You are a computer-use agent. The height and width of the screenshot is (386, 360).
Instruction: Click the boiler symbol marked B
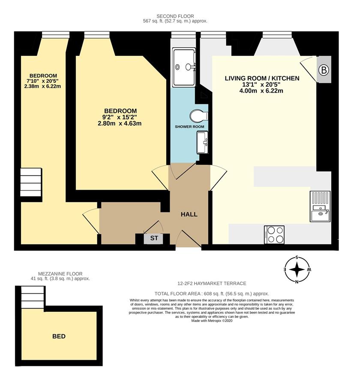[x=324, y=70]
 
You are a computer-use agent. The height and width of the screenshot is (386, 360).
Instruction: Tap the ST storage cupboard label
[x=154, y=238]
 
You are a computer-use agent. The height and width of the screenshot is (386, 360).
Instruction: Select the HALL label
[x=189, y=214]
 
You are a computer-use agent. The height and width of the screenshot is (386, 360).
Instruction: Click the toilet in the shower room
[x=199, y=115]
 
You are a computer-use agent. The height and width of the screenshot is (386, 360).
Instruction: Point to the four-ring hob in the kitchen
[x=274, y=235]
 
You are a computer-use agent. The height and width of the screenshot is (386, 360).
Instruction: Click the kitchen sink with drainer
[x=320, y=206]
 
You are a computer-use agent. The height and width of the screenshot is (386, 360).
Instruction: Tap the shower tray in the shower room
[x=184, y=67]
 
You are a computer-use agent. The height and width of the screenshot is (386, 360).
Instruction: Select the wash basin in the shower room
[x=203, y=142]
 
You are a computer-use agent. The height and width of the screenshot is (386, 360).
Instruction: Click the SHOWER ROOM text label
[x=189, y=127]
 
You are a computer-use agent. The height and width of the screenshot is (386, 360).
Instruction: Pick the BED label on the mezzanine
[x=59, y=336]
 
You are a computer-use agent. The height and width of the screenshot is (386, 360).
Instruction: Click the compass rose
[x=297, y=270]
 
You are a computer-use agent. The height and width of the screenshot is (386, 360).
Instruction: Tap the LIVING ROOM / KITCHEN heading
[x=262, y=78]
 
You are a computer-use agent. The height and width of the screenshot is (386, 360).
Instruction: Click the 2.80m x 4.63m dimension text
[x=120, y=124]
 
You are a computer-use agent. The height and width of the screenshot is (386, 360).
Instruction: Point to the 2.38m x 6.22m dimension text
[x=42, y=86]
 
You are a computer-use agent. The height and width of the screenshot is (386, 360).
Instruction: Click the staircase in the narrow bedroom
[x=30, y=182]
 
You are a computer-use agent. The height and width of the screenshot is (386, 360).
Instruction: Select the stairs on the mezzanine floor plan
[x=33, y=297]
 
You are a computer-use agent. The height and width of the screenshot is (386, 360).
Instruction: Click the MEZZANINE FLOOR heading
[x=60, y=274]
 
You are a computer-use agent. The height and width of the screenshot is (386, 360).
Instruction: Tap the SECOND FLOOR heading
[x=175, y=16]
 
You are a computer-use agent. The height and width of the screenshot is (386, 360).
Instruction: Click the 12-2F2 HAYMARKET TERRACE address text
[x=212, y=283]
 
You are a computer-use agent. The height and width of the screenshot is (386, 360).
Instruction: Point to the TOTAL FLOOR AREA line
[x=212, y=294]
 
